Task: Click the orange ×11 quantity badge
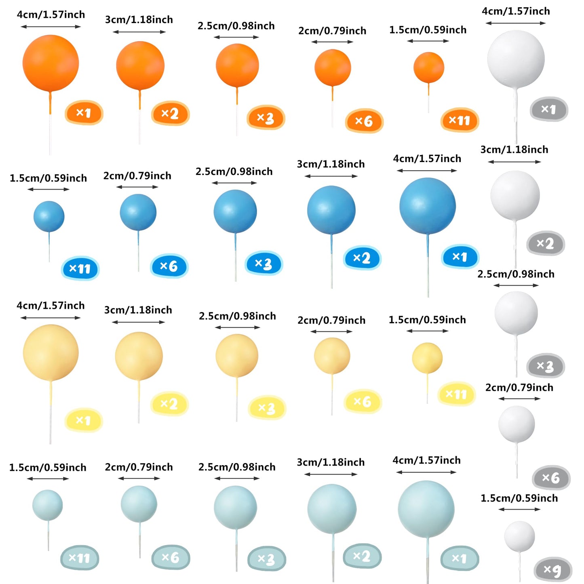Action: (x=460, y=120)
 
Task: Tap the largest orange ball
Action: (x=51, y=63)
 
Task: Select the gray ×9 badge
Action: (x=552, y=570)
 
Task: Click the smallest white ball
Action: (x=519, y=536)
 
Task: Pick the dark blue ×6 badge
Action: (x=169, y=266)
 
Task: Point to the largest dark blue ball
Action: (x=427, y=206)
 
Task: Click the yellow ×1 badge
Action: (x=84, y=420)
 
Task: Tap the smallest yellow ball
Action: (x=427, y=358)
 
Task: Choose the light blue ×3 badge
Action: (x=266, y=559)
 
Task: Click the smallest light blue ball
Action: (x=48, y=505)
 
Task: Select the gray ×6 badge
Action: (x=551, y=478)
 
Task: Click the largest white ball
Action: (x=516, y=59)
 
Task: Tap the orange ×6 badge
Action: (x=364, y=121)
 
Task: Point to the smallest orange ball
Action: (x=428, y=67)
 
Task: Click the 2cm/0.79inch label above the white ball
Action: (x=519, y=388)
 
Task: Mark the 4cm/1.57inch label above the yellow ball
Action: (x=51, y=306)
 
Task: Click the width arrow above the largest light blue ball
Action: (x=426, y=472)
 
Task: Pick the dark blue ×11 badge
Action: (x=80, y=269)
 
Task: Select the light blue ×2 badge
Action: (x=362, y=556)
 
